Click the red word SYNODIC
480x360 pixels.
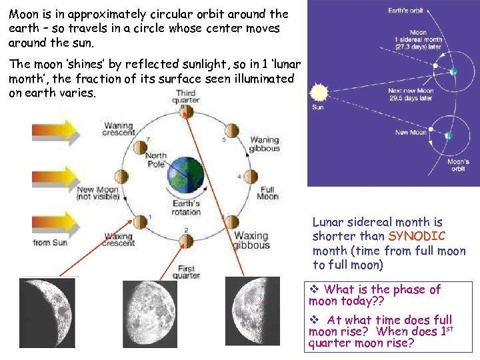[x=417, y=236]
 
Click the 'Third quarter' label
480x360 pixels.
[x=186, y=96]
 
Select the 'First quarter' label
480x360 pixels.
[x=186, y=272]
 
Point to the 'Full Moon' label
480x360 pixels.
[x=267, y=193]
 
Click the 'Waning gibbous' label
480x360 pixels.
[x=264, y=144]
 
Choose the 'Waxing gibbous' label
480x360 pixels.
[x=251, y=240]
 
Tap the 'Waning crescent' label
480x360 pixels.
[x=119, y=129]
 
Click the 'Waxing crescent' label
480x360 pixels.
[x=119, y=239]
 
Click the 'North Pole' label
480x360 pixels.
[x=155, y=161]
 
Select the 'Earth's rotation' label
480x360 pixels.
[x=186, y=207]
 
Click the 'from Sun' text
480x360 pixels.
[x=50, y=243]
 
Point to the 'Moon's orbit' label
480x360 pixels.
[x=458, y=165]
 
